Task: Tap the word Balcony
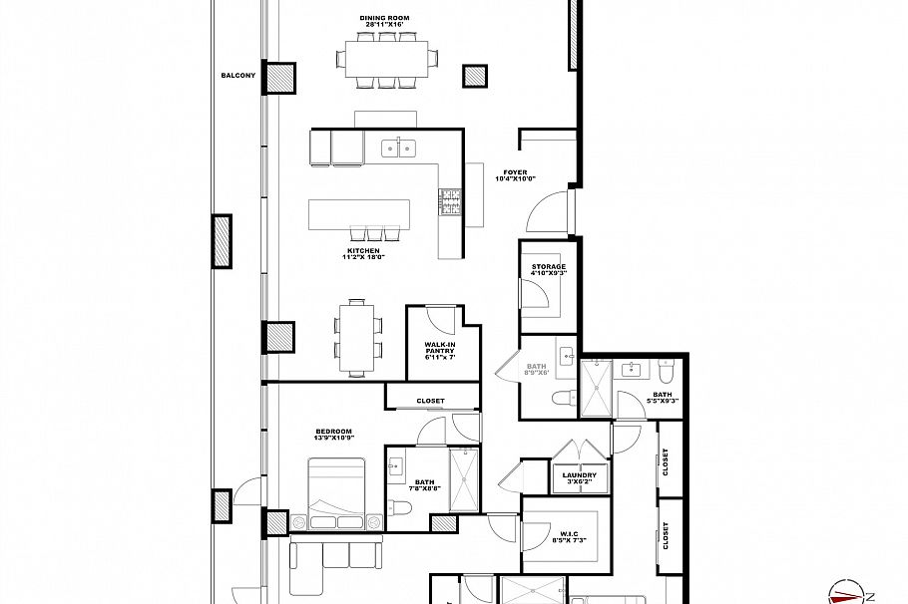(x=238, y=76)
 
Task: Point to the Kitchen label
(x=363, y=254)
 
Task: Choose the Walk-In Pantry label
(x=440, y=350)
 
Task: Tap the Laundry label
(x=579, y=478)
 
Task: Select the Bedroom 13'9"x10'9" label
(x=334, y=436)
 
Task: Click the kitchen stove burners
(x=447, y=202)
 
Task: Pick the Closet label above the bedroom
(x=431, y=401)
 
